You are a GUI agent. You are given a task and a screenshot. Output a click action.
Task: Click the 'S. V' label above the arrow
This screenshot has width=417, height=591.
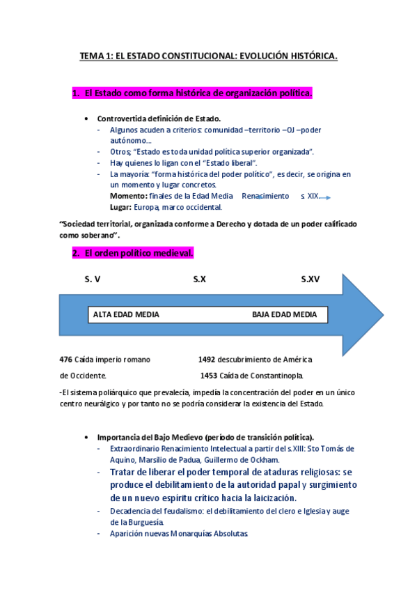pos(93,279)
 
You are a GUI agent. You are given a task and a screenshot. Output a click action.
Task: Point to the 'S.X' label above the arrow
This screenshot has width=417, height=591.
pos(200,279)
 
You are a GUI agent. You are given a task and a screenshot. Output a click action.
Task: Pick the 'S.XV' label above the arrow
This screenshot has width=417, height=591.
pos(310,279)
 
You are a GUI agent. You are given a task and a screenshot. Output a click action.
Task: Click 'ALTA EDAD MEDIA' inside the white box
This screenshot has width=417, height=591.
pos(126,315)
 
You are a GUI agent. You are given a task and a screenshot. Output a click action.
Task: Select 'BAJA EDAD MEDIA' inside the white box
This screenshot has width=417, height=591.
pos(284,315)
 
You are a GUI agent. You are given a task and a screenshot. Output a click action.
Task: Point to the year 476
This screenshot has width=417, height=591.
pos(66,360)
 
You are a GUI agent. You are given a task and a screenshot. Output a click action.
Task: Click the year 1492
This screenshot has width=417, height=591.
pos(206,360)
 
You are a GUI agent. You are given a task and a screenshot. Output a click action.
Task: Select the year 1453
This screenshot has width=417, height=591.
pos(209,376)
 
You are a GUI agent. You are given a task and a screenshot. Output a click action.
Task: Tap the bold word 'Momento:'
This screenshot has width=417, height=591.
pos(129,197)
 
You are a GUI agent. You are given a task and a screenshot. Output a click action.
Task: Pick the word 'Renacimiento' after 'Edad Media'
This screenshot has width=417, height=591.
pos(265,197)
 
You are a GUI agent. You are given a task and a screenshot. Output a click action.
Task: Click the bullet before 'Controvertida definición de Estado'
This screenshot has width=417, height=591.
pos(86,118)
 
